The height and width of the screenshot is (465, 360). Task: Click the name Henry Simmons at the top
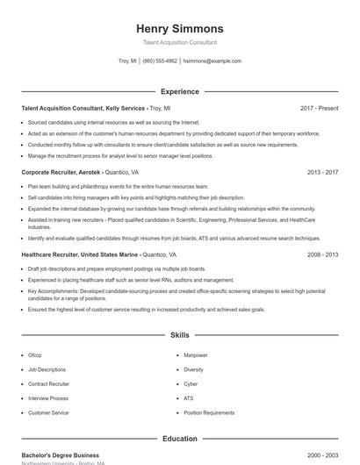point(180,29)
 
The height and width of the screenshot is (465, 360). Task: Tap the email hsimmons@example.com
point(212,61)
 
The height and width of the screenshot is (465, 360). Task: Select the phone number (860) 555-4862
point(160,61)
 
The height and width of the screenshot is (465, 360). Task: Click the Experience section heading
point(180,91)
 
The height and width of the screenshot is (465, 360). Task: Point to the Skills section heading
point(180,335)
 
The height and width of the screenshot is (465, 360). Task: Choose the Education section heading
point(180,439)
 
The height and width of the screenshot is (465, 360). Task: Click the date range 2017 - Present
point(319,108)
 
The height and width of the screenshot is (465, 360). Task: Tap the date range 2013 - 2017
point(322,173)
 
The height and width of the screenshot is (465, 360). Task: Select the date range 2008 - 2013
point(322,254)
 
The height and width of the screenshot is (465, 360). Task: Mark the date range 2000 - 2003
point(322,456)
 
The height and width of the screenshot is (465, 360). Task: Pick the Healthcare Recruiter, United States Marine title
point(80,254)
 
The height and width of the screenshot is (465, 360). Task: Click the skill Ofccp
point(35,355)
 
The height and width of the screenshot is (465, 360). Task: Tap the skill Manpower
point(196,355)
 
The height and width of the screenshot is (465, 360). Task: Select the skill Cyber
point(191,384)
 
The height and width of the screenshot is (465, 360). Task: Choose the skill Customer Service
point(48,412)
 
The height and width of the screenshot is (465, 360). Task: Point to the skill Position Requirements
point(209,412)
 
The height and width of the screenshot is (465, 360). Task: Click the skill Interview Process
point(47,398)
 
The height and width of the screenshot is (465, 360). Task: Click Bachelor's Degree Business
point(60,456)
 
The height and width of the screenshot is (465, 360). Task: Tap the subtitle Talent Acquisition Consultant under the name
point(180,42)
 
